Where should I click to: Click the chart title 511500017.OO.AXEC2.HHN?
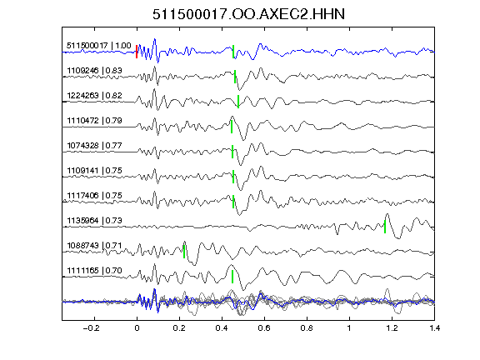tap(248, 14)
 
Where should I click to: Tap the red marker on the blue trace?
tap(137, 52)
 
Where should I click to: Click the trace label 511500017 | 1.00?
tap(99, 46)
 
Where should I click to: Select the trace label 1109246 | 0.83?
tap(95, 71)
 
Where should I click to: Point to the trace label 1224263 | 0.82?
tap(95, 96)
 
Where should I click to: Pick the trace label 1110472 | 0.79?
tap(95, 121)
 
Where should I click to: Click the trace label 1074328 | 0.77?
tap(95, 145)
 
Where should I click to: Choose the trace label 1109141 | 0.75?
tap(95, 171)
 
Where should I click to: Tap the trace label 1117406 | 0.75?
tap(95, 196)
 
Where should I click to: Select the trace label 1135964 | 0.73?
tap(95, 221)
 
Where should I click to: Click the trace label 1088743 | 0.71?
tap(95, 246)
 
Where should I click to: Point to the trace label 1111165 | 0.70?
tap(95, 271)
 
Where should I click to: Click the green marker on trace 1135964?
tap(385, 227)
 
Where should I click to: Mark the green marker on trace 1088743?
tap(184, 252)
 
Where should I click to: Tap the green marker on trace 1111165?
tap(232, 277)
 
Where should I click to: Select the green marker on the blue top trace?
tap(233, 52)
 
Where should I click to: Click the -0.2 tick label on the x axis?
tap(91, 328)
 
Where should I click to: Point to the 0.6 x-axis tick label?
tap(264, 328)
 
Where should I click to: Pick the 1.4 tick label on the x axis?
tap(435, 328)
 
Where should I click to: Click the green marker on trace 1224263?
tap(238, 102)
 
